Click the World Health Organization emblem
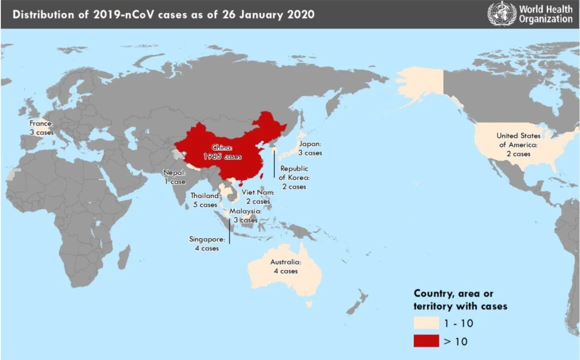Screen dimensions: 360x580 pyautogui.click(x=501, y=13)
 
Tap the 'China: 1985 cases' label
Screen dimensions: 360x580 pyautogui.click(x=222, y=152)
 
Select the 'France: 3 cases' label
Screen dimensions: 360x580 pyautogui.click(x=41, y=127)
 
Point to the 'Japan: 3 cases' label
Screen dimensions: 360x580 pyautogui.click(x=310, y=148)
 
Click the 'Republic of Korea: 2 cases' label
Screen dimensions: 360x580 pyautogui.click(x=294, y=177)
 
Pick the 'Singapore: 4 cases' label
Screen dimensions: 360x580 pyautogui.click(x=206, y=243)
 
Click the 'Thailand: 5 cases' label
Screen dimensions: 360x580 pyautogui.click(x=205, y=200)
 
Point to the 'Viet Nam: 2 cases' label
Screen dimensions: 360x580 pyautogui.click(x=258, y=196)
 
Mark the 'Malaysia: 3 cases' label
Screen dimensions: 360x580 pyautogui.click(x=245, y=215)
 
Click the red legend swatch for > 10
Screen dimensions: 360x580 pyautogui.click(x=426, y=341)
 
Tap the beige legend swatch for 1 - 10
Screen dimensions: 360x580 pyautogui.click(x=426, y=323)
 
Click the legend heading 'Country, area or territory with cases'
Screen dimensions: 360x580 pyautogui.click(x=460, y=300)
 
